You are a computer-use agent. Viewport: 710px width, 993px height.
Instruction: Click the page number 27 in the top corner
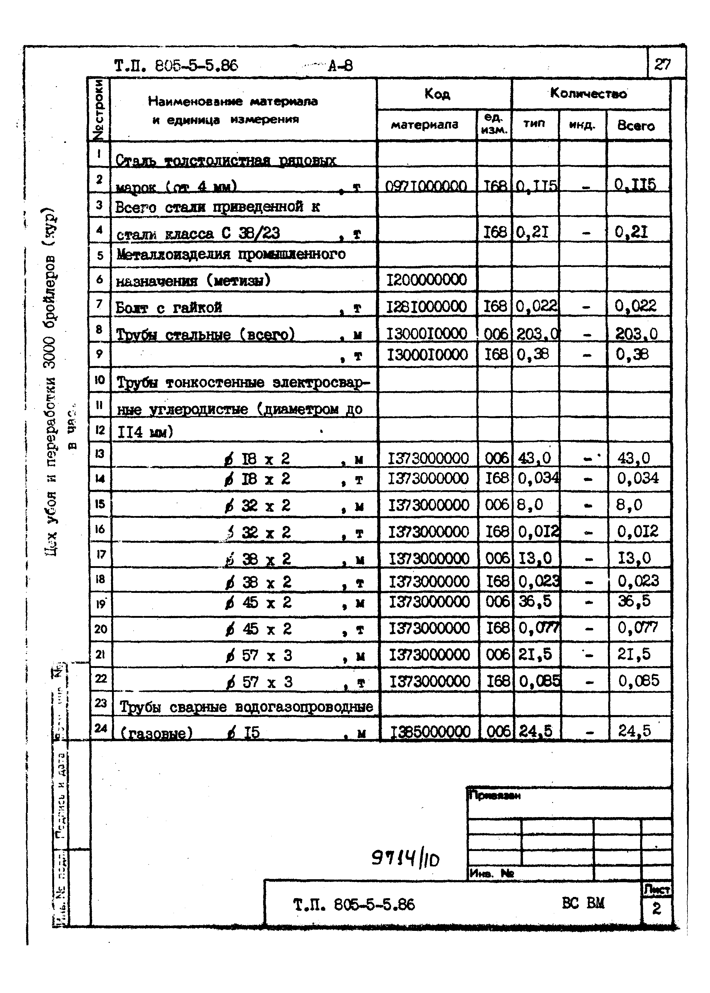click(x=662, y=65)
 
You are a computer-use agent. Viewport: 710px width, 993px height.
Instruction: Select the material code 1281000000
click(x=427, y=306)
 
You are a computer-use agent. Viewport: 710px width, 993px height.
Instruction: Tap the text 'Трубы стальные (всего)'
click(x=205, y=335)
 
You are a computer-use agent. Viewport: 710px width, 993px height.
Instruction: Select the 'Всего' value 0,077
click(x=637, y=628)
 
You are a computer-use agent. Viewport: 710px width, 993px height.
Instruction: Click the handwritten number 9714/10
click(x=405, y=859)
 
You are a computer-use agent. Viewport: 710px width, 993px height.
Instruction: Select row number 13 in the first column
click(x=100, y=454)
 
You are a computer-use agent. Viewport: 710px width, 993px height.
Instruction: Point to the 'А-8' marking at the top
click(x=340, y=66)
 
